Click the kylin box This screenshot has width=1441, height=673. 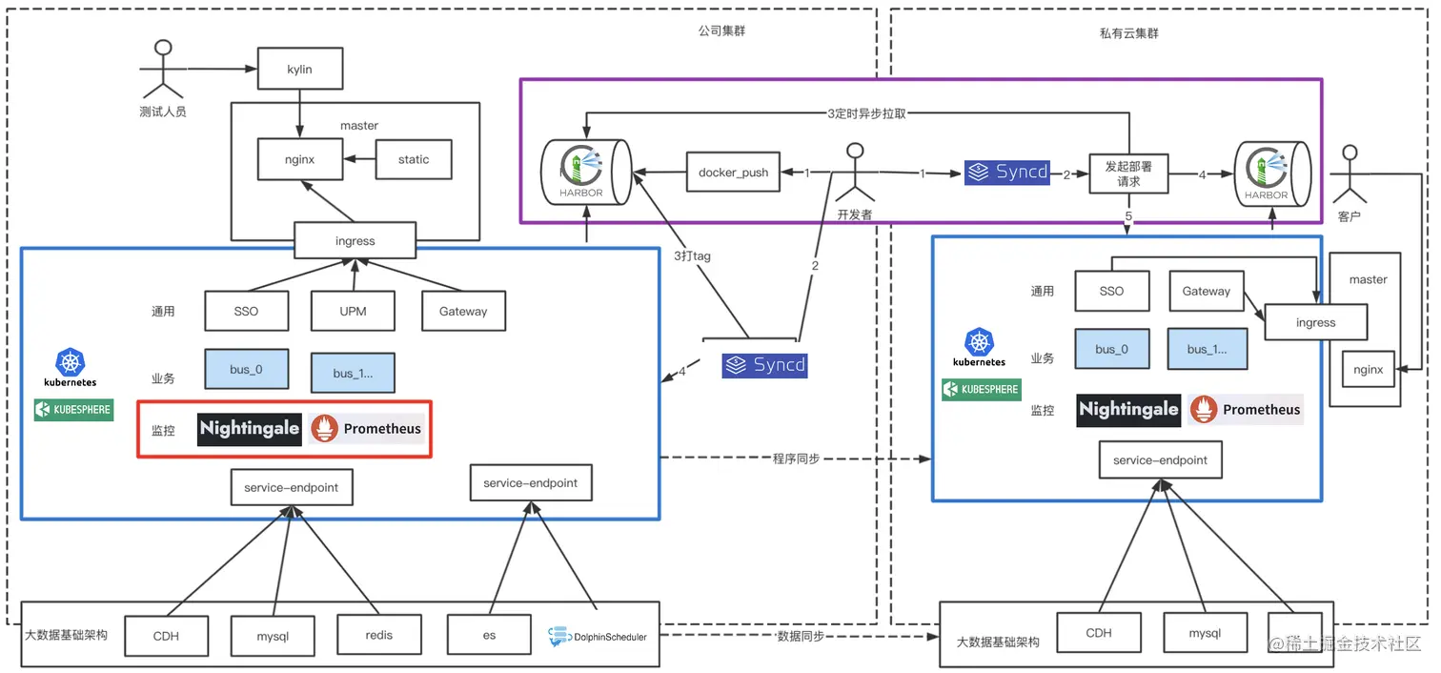point(299,71)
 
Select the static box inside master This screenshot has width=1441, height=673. point(413,159)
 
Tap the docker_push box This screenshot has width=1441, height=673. point(733,173)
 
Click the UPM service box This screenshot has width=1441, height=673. point(353,311)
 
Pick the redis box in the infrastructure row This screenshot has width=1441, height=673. point(378,635)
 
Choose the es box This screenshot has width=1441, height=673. point(489,635)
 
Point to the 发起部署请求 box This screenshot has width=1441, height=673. point(1128,173)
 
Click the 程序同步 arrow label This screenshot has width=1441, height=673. point(796,459)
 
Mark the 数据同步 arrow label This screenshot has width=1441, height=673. point(802,636)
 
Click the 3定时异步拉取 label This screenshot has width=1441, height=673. point(866,112)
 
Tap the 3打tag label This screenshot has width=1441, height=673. point(692,255)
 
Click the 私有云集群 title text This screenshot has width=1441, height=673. point(1128,33)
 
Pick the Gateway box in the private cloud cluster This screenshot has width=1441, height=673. point(1206,292)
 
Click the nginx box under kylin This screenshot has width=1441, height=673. point(299,159)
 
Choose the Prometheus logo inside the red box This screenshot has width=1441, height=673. point(367,429)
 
